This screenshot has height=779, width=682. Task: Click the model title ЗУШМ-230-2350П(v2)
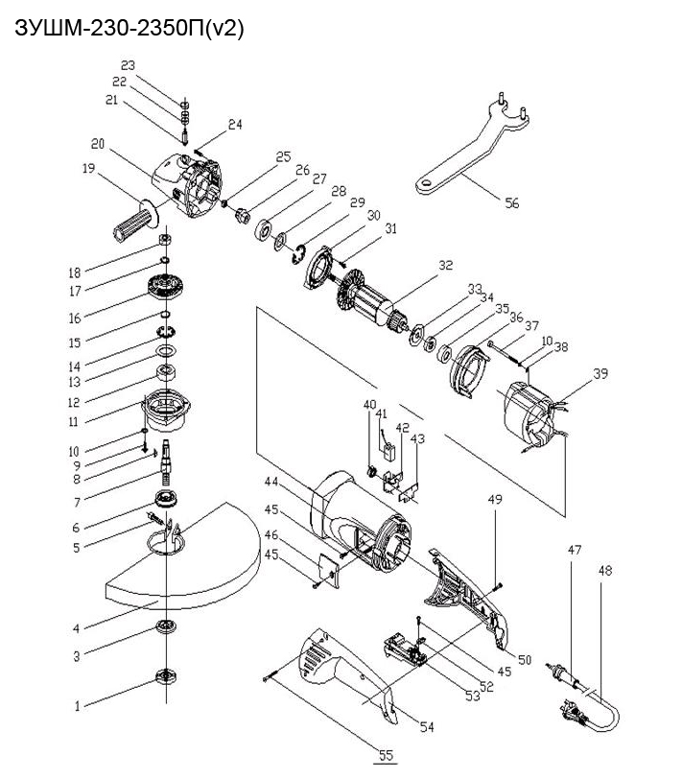pos(129,29)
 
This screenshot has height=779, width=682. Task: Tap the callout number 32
pos(446,265)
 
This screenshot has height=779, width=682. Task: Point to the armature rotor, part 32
pos(370,299)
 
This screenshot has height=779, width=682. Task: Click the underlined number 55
pos(386,756)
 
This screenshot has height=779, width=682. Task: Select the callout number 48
pos(605,570)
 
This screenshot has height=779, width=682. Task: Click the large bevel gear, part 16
pos(165,288)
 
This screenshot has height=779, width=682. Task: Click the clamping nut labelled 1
pos(165,676)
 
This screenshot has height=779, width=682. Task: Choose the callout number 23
pos(128,65)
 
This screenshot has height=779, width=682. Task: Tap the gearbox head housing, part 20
pos(188,186)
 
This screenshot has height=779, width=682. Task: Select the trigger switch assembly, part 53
pos(406,649)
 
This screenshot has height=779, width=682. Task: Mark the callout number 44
pos(271,482)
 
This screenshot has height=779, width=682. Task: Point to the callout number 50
pos(525,659)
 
